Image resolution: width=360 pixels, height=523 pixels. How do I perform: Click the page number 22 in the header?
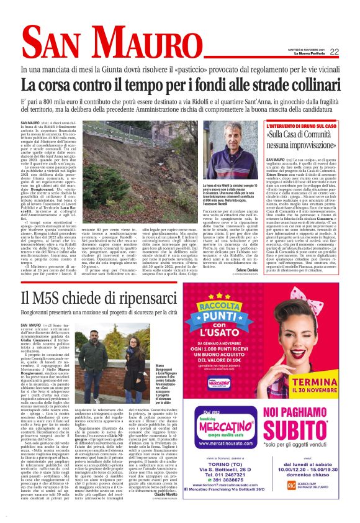[334, 52]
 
